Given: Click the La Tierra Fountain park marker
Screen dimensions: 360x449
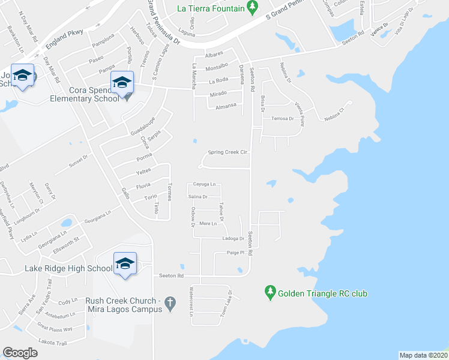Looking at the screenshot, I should click(x=253, y=7).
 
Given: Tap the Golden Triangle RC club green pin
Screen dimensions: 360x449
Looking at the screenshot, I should click(x=270, y=293).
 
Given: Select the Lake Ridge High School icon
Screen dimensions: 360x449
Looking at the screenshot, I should click(x=125, y=263).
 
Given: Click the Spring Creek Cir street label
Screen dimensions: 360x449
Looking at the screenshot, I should click(x=228, y=152).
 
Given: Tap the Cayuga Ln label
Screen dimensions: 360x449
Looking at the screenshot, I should click(x=204, y=184).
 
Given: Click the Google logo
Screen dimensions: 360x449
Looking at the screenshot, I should click(x=20, y=353).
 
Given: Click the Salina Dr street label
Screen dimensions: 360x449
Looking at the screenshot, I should click(x=197, y=197).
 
